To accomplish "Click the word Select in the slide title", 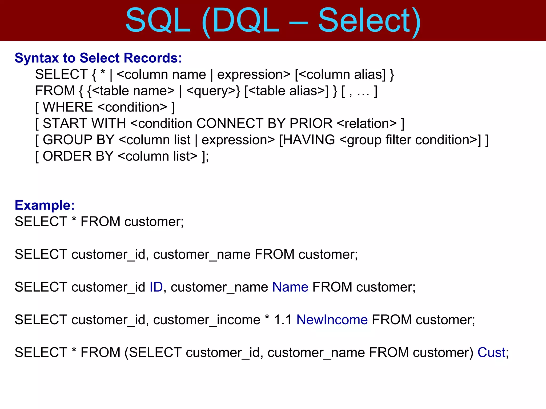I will pyautogui.click(x=364, y=21).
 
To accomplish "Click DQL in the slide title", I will pyautogui.click(x=245, y=21).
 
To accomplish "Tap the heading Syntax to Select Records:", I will pyautogui.click(x=98, y=58).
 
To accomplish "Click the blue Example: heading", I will pyautogui.click(x=45, y=205).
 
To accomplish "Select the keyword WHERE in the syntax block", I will pyautogui.click(x=68, y=107).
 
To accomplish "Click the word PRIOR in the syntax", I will pyautogui.click(x=311, y=124).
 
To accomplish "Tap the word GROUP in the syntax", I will pyautogui.click(x=67, y=140).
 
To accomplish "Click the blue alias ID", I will pyautogui.click(x=156, y=287).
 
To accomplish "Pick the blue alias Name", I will pyautogui.click(x=290, y=287).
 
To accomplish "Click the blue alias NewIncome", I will pyautogui.click(x=332, y=320).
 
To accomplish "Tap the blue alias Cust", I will pyautogui.click(x=491, y=353).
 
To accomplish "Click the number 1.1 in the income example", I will pyautogui.click(x=283, y=320).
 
